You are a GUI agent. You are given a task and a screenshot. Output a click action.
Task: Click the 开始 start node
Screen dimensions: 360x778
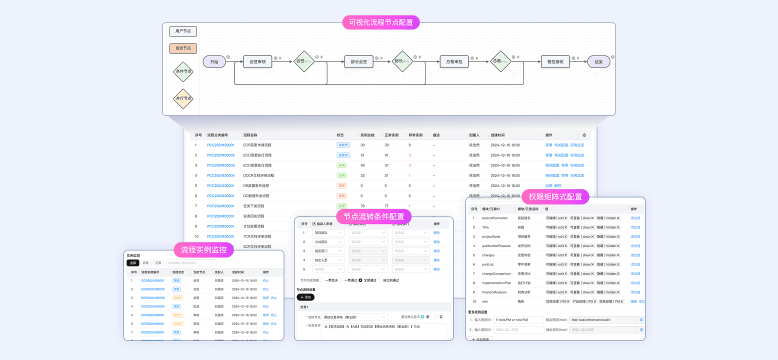click(x=214, y=62)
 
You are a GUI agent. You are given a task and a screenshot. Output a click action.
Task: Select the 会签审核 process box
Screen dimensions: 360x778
click(x=257, y=62)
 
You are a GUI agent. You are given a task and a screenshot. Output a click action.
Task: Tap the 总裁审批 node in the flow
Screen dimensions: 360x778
click(x=454, y=62)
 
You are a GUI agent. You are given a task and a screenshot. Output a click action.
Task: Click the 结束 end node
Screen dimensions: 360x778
click(x=598, y=62)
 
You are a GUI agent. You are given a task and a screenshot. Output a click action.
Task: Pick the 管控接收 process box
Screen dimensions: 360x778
click(x=555, y=62)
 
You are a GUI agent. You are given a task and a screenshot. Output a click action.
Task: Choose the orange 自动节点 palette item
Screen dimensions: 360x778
click(x=183, y=48)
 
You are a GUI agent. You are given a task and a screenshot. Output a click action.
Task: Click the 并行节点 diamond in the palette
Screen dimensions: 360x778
click(x=183, y=98)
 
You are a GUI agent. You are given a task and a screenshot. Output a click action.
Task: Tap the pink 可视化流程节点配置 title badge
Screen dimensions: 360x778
click(x=380, y=22)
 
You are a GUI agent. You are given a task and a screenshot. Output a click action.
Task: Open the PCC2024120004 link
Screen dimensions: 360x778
click(x=220, y=175)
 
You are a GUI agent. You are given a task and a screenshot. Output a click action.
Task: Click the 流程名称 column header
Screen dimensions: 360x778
click(x=250, y=135)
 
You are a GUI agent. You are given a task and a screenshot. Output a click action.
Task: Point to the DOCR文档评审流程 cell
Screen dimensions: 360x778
click(x=258, y=175)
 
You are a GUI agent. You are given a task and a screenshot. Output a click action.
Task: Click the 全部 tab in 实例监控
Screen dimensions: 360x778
click(x=132, y=262)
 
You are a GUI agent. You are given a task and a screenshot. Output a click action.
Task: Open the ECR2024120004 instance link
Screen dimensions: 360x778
click(x=152, y=306)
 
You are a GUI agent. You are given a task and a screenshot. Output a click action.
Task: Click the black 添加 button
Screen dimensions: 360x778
click(x=305, y=297)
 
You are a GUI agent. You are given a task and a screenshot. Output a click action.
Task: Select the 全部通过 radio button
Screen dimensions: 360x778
click(x=360, y=280)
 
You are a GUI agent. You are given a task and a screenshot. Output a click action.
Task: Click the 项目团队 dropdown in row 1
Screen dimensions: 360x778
click(x=328, y=232)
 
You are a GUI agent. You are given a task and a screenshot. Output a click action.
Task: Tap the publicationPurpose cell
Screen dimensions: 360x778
click(x=496, y=246)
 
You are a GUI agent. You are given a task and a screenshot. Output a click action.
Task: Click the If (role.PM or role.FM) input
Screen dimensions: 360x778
click(x=518, y=319)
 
